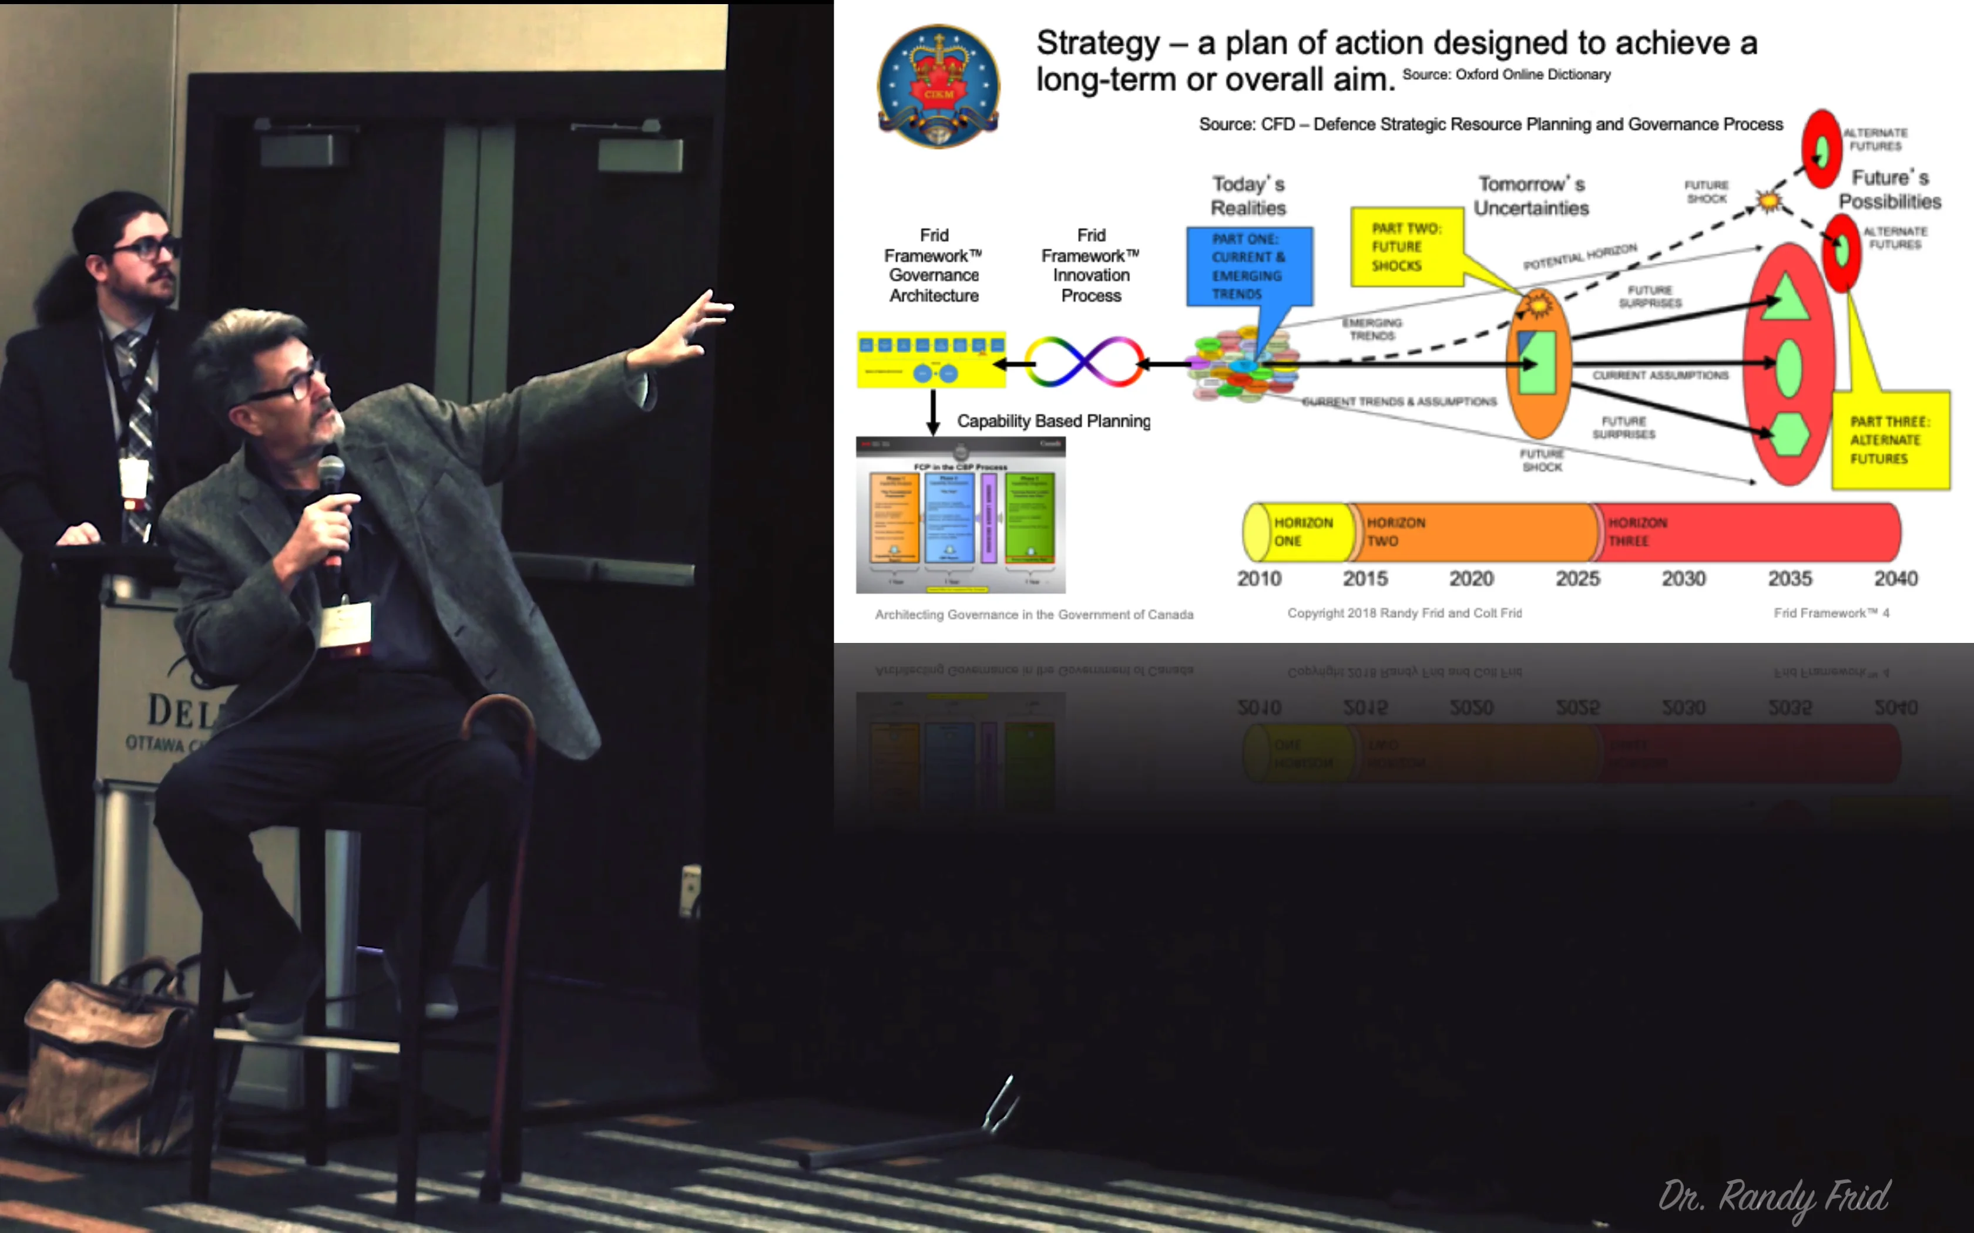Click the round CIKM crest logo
[938, 86]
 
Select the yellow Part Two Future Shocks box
[1405, 246]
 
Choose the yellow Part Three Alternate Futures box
[1889, 440]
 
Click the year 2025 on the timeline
[1577, 579]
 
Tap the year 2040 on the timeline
[1895, 579]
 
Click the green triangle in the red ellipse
[1787, 298]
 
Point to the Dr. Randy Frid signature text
[1774, 1197]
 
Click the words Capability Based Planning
[1053, 421]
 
